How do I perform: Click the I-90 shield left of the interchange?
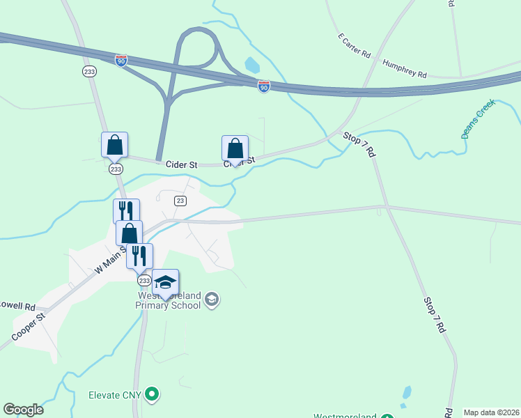coord(121,61)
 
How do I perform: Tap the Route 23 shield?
coord(180,201)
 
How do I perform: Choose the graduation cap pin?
coord(165,282)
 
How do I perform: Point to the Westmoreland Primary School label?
coord(168,300)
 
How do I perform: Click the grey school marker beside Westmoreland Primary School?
coord(212,300)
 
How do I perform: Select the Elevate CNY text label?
coord(115,395)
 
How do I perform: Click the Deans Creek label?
coord(478,118)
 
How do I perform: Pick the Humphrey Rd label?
coord(404,68)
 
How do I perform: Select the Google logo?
coord(23,410)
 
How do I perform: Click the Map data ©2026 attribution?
coord(491,412)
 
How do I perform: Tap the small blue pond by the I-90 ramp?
coord(251,65)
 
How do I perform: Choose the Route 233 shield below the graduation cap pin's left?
coord(143,280)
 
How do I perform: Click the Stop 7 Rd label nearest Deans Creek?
coord(359,144)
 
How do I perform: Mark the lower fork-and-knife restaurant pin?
coord(139,256)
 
